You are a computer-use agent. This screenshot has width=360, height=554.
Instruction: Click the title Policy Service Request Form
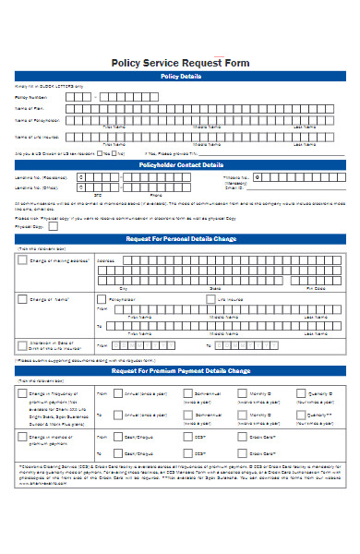click(180, 63)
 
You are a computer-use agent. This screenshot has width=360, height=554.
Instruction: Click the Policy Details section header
click(180, 76)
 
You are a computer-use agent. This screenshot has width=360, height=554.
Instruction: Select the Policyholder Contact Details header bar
click(180, 164)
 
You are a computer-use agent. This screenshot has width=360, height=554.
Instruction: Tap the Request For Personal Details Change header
click(180, 239)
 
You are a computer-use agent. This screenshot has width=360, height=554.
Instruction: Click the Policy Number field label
click(30, 96)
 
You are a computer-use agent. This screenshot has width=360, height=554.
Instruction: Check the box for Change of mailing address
click(22, 261)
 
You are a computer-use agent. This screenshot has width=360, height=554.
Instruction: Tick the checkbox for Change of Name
click(22, 299)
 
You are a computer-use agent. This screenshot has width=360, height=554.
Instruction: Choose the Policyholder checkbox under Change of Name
click(102, 299)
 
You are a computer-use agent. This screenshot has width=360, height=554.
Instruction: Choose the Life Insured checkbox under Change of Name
click(210, 299)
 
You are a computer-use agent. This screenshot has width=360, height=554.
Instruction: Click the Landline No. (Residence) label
click(41, 176)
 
